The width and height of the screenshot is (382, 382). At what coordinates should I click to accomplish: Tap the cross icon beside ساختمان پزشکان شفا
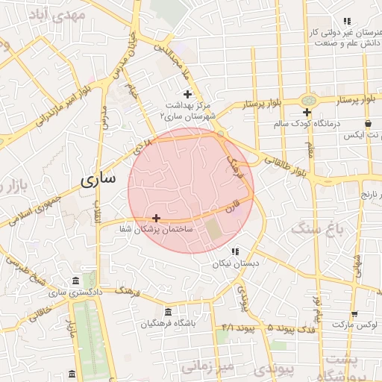coord(156,218)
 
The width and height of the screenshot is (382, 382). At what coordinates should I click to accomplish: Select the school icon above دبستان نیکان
coord(235,251)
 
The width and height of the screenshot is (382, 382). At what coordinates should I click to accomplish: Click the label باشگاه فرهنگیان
coord(169,325)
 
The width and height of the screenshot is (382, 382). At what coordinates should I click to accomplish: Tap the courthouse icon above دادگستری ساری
coord(74,281)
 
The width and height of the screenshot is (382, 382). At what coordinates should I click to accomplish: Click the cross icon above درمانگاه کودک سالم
coord(307,112)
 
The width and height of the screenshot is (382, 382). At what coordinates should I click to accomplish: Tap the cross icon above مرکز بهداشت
coord(187,94)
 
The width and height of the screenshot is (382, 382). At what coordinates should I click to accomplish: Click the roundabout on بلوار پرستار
coord(308,100)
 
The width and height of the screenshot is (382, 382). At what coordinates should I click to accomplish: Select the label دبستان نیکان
coord(236,263)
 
